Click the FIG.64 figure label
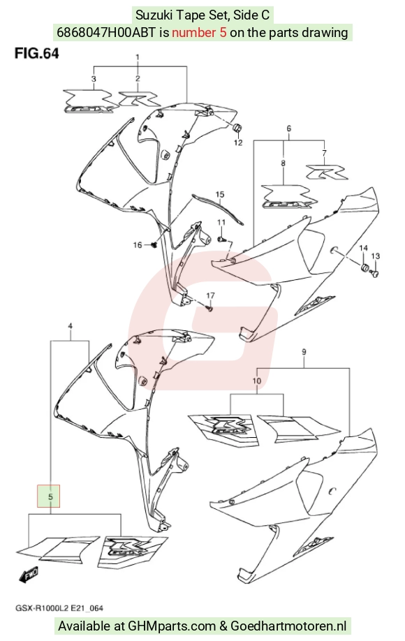(37, 54)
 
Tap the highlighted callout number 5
(49, 496)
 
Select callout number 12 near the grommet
(238, 142)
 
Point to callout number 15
(220, 194)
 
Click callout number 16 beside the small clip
(138, 244)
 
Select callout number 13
(376, 256)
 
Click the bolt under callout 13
(375, 272)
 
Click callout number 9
(304, 351)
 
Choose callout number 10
(257, 381)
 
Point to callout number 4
(71, 326)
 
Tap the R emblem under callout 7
(327, 172)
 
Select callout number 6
(289, 128)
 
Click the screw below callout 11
(221, 238)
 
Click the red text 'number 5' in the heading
(199, 32)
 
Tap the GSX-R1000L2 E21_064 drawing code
(59, 608)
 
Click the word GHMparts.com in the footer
(172, 626)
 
